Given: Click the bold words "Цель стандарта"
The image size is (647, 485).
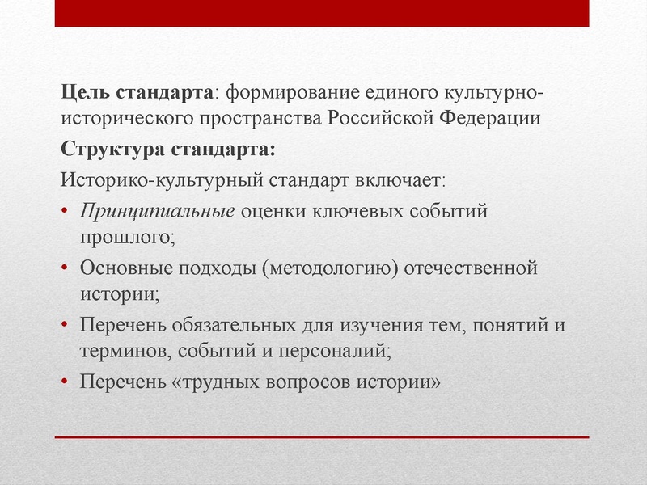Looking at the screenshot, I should pyautogui.click(x=138, y=91).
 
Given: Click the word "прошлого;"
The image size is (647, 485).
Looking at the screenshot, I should pyautogui.click(x=128, y=238).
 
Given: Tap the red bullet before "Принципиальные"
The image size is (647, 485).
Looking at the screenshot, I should pyautogui.click(x=66, y=213).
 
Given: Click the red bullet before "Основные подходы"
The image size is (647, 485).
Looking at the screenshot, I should pyautogui.click(x=66, y=268).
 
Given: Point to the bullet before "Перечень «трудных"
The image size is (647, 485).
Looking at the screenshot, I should pyautogui.click(x=66, y=381).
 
